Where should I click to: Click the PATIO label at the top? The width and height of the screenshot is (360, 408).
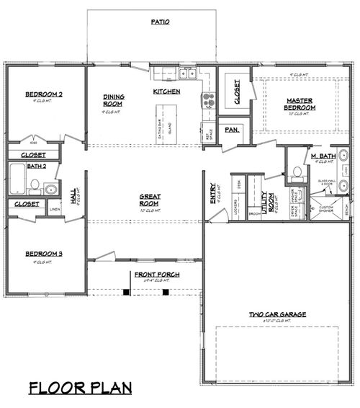pos(160,22)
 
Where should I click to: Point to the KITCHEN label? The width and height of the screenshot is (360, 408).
pos(166,92)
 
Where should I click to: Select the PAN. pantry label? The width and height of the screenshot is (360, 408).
pos(232,130)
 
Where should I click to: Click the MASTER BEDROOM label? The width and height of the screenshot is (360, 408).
pos(297,105)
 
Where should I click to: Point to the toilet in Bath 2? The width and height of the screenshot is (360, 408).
pos(32,189)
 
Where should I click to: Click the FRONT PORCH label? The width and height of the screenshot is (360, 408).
pos(156,275)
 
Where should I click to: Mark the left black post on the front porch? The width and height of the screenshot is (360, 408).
pos(127,292)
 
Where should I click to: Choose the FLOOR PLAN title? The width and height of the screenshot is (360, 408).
pos(81,388)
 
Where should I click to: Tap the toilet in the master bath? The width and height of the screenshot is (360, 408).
pos(297,173)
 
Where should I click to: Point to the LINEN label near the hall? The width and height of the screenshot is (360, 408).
pos(55,210)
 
